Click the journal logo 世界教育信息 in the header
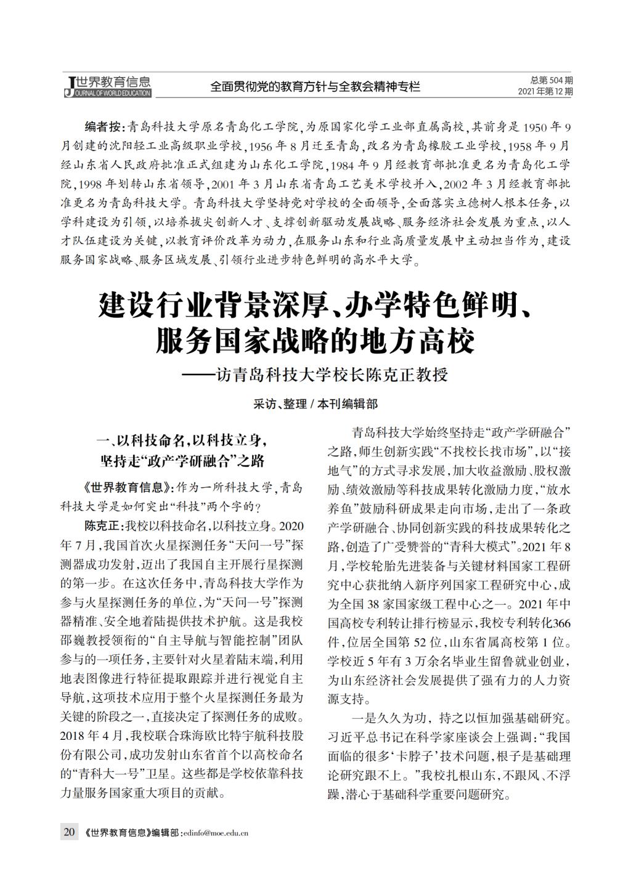point(108,86)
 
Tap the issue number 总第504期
point(551,81)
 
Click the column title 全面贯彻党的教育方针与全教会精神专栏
point(315,87)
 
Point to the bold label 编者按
point(104,128)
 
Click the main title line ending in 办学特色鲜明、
point(315,306)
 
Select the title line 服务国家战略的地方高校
point(315,341)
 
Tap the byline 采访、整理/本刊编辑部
point(315,404)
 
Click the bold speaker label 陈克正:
point(104,527)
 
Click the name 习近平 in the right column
point(346,737)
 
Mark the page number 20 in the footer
point(68,832)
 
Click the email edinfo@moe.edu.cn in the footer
point(215,833)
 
